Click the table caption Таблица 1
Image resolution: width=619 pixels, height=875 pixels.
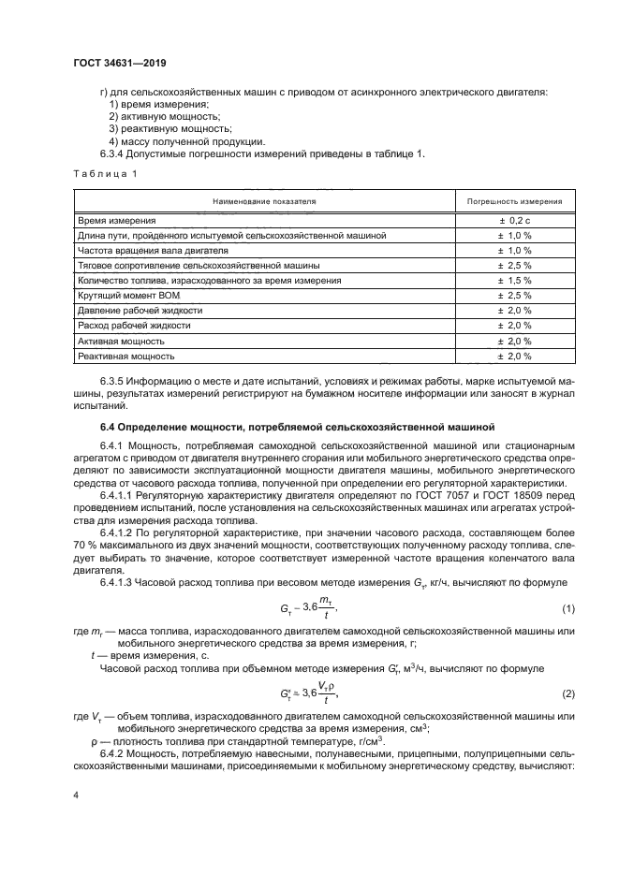pos(105,174)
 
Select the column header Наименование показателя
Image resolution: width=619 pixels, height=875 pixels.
pos(264,201)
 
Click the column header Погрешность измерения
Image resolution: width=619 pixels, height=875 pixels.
pos(514,201)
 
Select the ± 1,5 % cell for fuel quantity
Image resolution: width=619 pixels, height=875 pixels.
pos(514,280)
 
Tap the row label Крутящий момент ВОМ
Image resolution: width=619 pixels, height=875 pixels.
pos(128,295)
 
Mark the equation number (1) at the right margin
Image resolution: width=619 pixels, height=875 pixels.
pos(567,609)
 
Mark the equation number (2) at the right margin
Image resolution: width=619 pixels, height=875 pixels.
pos(567,693)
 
